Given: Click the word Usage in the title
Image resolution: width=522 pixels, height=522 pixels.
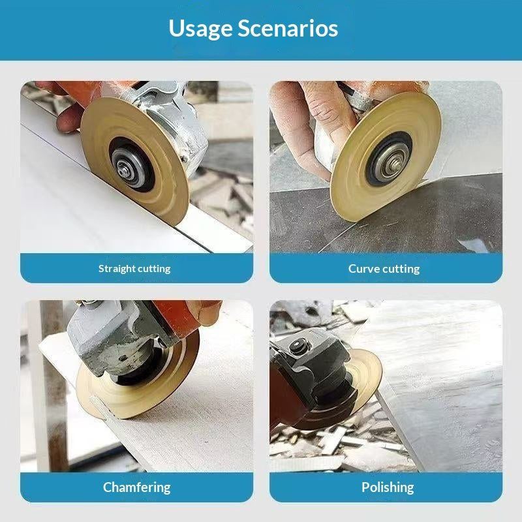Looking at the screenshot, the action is pyautogui.click(x=200, y=29).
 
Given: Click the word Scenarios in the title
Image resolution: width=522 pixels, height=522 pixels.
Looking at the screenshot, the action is pyautogui.click(x=288, y=28).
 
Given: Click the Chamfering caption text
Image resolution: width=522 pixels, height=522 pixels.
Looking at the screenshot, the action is pyautogui.click(x=137, y=487).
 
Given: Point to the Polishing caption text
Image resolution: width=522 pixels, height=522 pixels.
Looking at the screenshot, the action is pyautogui.click(x=388, y=487).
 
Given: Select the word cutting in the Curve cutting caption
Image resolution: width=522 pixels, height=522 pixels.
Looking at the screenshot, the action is pyautogui.click(x=402, y=269).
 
